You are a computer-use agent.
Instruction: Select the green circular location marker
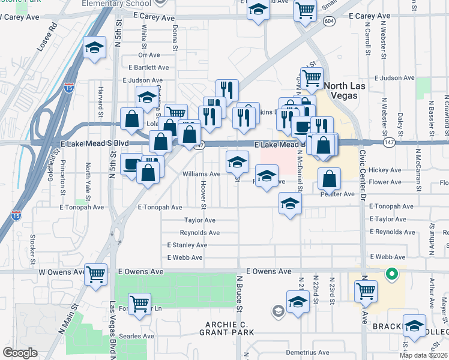click(x=391, y=275)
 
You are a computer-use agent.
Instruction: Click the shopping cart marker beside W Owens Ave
click(x=96, y=275)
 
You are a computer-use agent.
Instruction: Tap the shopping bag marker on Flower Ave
click(x=330, y=179)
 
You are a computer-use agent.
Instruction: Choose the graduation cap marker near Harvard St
click(x=94, y=48)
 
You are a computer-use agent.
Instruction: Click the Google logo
click(x=20, y=353)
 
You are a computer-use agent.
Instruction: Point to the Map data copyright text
click(x=423, y=355)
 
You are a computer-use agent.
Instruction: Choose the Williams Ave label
click(x=201, y=174)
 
